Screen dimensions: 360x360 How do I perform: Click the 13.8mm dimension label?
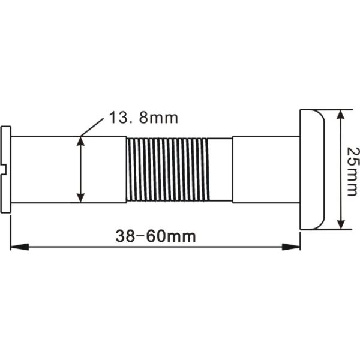143,118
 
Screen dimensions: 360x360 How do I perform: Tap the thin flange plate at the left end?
6,169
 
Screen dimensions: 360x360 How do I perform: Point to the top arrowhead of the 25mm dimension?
340,115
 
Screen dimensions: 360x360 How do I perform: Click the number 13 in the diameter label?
118,118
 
